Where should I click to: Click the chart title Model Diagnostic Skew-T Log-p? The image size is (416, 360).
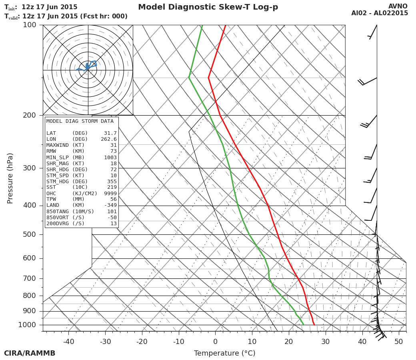[208, 7]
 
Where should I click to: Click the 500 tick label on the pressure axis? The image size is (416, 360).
[29, 234]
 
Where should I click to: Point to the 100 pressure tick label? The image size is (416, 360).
[29, 25]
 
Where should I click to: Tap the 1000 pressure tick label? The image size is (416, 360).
[27, 325]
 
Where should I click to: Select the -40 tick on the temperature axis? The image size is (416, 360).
[68, 342]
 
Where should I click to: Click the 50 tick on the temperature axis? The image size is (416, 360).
[399, 342]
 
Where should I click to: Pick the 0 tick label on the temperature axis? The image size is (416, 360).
[215, 342]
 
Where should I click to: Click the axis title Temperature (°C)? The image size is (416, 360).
[224, 354]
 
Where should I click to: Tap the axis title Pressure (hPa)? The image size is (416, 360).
[10, 178]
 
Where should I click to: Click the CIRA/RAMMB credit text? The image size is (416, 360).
[30, 354]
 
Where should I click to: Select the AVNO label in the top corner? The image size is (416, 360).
[398, 6]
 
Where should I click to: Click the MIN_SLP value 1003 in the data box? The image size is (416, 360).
[110, 158]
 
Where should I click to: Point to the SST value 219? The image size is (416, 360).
[112, 188]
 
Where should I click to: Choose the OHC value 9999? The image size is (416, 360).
[110, 194]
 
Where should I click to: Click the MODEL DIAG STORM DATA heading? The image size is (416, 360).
[80, 121]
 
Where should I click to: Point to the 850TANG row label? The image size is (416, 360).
[59, 212]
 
